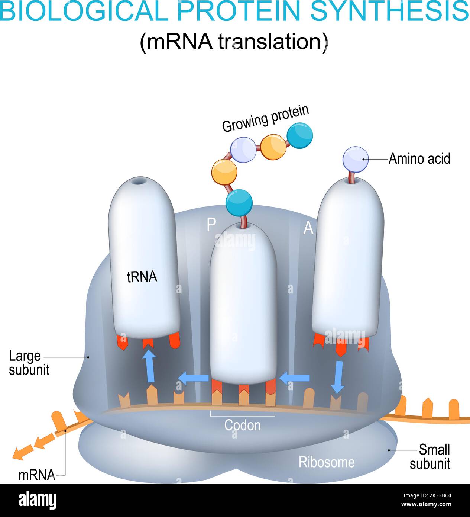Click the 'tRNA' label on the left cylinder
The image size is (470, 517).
[x=142, y=277]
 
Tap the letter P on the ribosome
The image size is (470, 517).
[x=211, y=224]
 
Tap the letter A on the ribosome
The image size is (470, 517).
[x=308, y=228]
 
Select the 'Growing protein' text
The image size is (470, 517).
[x=265, y=118]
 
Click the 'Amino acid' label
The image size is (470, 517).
[x=419, y=159]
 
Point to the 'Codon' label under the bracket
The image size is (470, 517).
[x=242, y=425]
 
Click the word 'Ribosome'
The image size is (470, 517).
[x=326, y=462]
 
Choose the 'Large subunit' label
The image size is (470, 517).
[x=29, y=363]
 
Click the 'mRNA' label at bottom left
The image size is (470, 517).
[x=36, y=475]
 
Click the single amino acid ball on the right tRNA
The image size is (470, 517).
[x=356, y=159]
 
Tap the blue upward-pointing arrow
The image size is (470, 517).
[x=149, y=366]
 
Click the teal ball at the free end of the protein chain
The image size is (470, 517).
[x=300, y=136]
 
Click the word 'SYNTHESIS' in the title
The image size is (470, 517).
[x=389, y=11]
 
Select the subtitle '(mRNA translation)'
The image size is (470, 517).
[x=234, y=42]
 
